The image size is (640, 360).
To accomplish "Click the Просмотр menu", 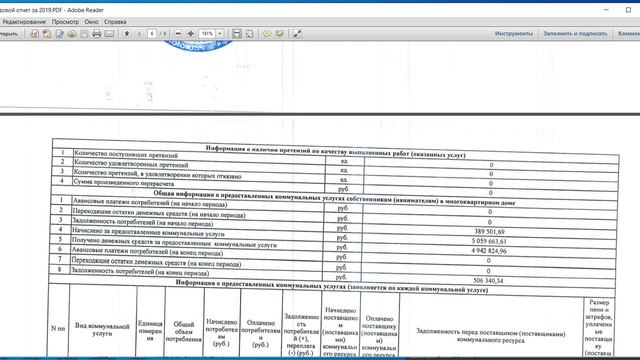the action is [x=65, y=20].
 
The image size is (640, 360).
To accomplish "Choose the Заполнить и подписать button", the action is [x=578, y=34].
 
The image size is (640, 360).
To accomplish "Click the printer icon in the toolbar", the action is [x=96, y=34].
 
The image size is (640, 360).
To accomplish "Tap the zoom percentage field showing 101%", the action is [x=206, y=34].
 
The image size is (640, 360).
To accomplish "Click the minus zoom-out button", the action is [x=178, y=34].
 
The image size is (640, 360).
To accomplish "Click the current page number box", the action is [x=150, y=34].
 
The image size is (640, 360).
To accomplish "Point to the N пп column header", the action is [x=59, y=327].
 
